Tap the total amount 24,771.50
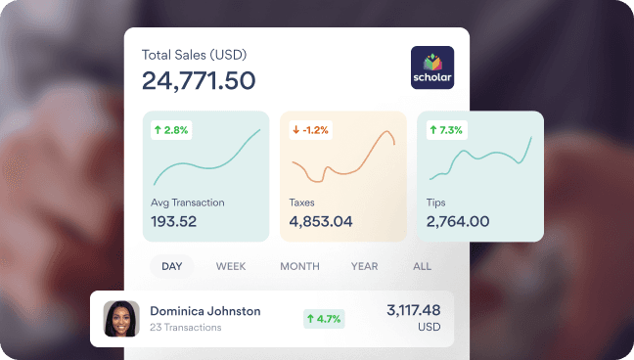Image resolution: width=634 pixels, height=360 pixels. click(x=199, y=80)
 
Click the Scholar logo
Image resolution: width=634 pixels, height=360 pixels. click(x=432, y=67)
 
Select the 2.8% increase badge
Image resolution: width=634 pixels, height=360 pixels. click(x=171, y=129)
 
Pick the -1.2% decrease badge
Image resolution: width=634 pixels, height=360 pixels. click(x=311, y=129)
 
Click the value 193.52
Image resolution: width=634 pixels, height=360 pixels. click(x=174, y=221)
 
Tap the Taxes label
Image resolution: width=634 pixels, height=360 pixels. click(x=301, y=202)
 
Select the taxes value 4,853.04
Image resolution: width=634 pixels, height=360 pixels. click(x=321, y=221)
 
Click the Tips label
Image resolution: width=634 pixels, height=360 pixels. click(x=437, y=202)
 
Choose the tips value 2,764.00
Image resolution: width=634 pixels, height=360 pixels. click(x=458, y=221)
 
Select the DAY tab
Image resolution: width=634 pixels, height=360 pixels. click(x=172, y=266)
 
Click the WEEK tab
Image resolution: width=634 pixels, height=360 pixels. click(x=231, y=266)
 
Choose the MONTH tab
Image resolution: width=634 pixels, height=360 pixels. click(x=299, y=266)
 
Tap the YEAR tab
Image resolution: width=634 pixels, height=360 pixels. click(x=364, y=266)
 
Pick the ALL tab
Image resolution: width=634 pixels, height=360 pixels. click(x=422, y=266)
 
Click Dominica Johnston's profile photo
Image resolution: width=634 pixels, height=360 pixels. click(x=121, y=318)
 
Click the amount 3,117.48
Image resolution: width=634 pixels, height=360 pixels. click(x=414, y=310)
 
